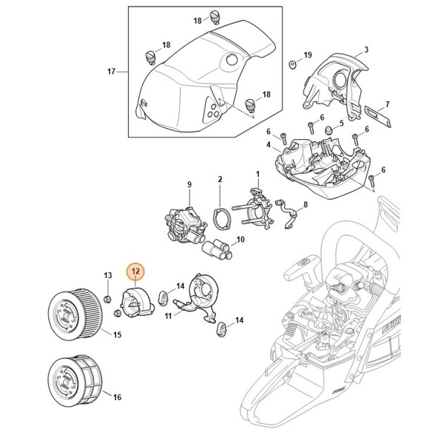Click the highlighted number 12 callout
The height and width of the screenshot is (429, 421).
click(135, 271)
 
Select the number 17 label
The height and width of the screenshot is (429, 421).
click(111, 72)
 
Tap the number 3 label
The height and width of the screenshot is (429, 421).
click(366, 50)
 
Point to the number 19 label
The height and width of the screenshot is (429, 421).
click(308, 55)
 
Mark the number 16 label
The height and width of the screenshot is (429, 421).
click(116, 396)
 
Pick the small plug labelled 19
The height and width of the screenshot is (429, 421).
click(293, 64)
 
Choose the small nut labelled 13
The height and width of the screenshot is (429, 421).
click(107, 298)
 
